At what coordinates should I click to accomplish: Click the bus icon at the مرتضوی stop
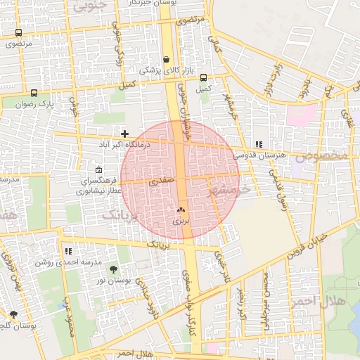click(x=18, y=32)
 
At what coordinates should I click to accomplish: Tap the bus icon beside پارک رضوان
click(x=34, y=93)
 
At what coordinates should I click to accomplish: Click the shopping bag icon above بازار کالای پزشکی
click(x=166, y=60)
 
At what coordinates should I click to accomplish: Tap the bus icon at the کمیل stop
click(x=203, y=78)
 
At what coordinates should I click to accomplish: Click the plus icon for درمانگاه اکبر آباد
click(x=124, y=133)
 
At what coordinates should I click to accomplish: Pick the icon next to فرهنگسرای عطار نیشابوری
click(x=98, y=169)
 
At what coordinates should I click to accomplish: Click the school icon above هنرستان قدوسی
click(x=259, y=143)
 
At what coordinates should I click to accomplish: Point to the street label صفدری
click(x=161, y=181)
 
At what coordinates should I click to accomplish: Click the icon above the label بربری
click(x=181, y=210)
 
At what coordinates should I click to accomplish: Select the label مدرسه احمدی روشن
click(x=69, y=262)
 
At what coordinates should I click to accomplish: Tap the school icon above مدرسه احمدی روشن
click(x=68, y=250)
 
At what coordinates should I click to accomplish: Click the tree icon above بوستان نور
click(x=114, y=269)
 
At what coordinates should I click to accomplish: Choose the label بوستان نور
click(x=110, y=281)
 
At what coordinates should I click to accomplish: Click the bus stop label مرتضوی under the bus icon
click(x=20, y=44)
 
